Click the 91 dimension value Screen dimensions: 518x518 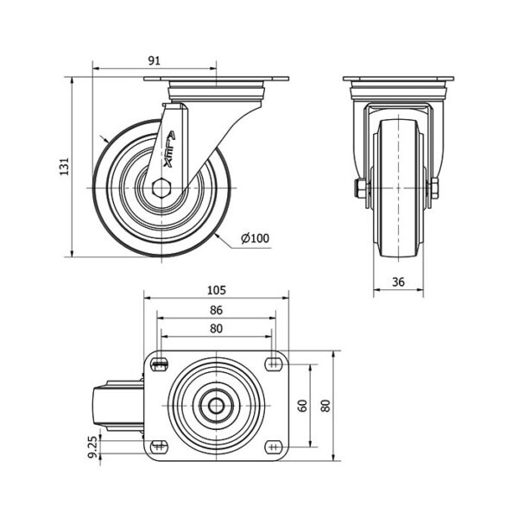[x=154, y=60]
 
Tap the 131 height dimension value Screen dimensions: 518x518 [x=65, y=167]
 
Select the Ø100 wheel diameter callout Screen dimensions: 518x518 [x=255, y=238]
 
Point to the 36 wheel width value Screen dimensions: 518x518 [x=398, y=281]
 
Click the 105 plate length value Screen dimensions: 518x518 [x=217, y=290]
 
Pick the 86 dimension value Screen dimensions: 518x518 [x=217, y=310]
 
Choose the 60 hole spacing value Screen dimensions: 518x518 [x=303, y=406]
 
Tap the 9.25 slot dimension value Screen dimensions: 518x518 [x=93, y=447]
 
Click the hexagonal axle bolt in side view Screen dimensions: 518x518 [x=161, y=188]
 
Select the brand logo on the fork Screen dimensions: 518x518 [x=169, y=149]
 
